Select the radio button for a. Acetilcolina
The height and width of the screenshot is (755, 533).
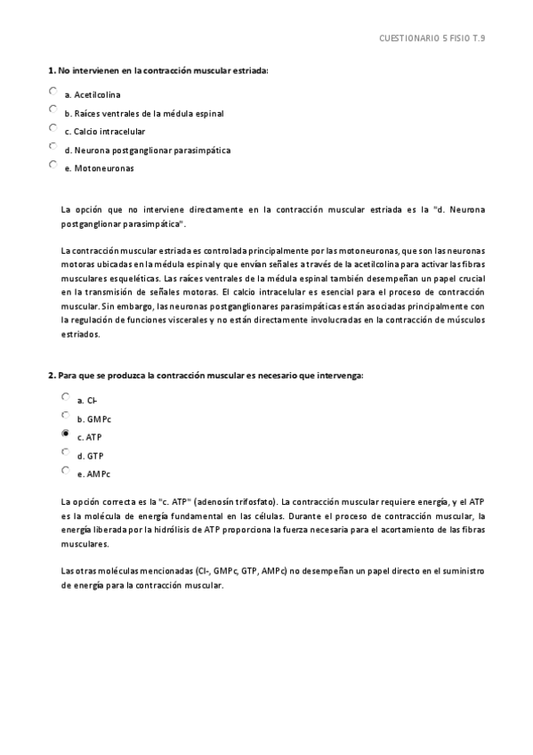(x=53, y=91)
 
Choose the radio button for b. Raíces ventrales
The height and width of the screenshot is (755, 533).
(x=53, y=109)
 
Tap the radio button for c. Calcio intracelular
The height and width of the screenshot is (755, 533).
(x=53, y=127)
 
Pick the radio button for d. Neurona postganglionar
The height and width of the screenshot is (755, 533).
(x=53, y=146)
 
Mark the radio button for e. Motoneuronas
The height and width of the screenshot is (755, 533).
(x=53, y=165)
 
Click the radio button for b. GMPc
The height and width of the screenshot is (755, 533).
(x=65, y=415)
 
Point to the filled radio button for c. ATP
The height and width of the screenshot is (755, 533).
(x=65, y=434)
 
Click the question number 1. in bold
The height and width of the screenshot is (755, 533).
(x=51, y=69)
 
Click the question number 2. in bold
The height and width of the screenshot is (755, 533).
(x=51, y=375)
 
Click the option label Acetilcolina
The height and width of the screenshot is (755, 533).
(x=98, y=94)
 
